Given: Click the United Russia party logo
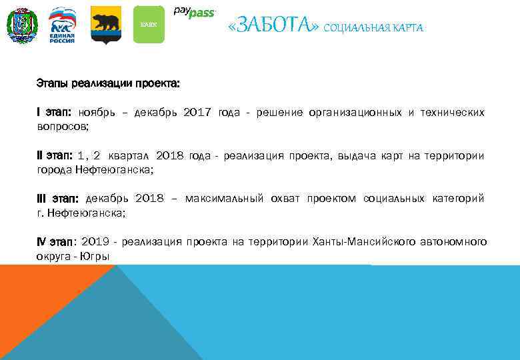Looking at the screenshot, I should [x=63, y=25].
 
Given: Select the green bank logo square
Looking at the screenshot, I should [x=149, y=25].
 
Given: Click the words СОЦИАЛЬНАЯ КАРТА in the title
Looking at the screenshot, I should [x=373, y=28].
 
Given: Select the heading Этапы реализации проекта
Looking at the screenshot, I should [x=107, y=85].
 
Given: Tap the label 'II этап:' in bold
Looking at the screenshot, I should [x=55, y=156].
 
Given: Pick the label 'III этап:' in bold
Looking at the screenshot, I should [x=58, y=199].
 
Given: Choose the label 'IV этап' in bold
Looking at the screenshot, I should [x=56, y=241].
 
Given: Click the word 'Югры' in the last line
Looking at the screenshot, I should [x=95, y=257].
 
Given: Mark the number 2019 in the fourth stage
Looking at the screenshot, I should [x=97, y=241].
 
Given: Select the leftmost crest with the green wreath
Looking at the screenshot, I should [x=22, y=25].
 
